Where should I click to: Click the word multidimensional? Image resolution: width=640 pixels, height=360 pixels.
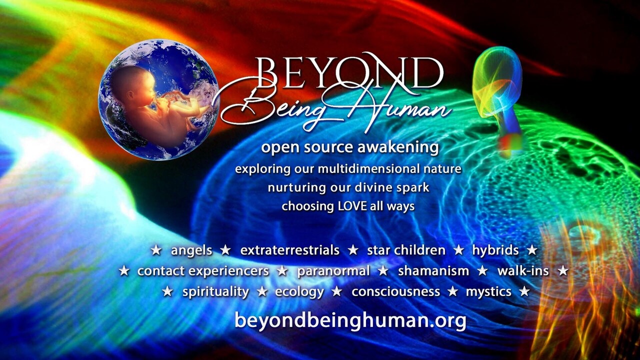pos(365,168)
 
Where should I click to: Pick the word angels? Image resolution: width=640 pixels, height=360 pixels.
pos(191,251)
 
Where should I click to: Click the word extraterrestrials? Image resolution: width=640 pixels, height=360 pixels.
pos(289,250)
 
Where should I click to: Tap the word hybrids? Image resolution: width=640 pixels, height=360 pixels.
pos(495,251)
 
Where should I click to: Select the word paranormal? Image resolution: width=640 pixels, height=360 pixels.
pos(333,271)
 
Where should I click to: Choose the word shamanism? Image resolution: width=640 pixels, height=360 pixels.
pos(433,271)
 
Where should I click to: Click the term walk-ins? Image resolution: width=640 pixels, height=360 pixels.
pos(523,271)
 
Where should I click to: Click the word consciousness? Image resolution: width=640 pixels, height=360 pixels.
pos(395,291)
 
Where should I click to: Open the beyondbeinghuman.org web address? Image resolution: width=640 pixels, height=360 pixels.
pos(350,321)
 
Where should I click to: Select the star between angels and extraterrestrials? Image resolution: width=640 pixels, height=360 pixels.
pos(225,250)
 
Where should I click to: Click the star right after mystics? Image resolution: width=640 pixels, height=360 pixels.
pos(524,291)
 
